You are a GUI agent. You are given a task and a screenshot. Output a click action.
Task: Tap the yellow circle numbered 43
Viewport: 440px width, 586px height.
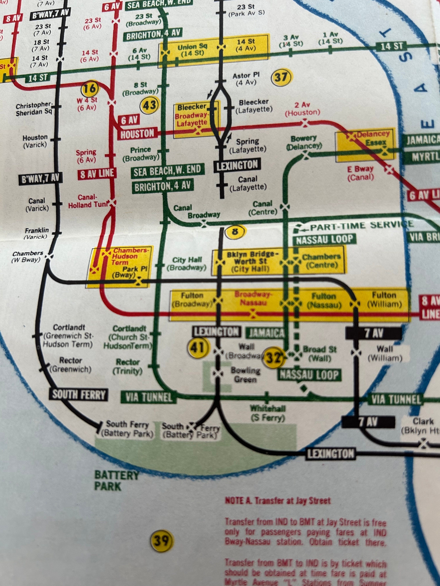[149, 105]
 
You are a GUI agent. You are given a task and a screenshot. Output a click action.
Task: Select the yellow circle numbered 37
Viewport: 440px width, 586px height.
[281, 77]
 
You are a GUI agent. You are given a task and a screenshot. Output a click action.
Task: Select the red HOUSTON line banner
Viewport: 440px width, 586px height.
[137, 134]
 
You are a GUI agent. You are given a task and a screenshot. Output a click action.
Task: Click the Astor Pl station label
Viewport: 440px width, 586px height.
[246, 79]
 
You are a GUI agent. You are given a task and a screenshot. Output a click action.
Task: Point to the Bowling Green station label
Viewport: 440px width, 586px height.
[245, 375]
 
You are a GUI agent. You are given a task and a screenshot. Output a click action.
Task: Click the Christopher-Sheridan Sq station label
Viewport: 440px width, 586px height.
[34, 109]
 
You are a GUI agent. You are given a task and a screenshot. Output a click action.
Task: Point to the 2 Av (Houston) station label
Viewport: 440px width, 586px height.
[302, 109]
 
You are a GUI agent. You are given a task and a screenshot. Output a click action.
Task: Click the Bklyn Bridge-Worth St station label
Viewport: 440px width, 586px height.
[250, 262]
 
